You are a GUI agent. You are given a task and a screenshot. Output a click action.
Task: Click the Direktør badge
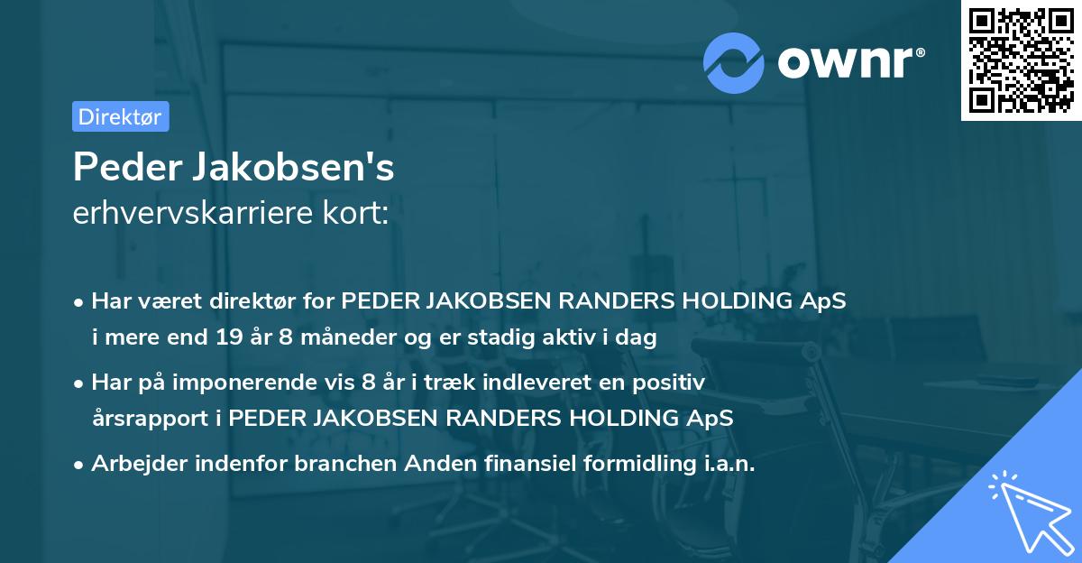pos(120,116)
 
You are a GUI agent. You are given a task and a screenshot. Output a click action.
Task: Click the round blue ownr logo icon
pos(735,62)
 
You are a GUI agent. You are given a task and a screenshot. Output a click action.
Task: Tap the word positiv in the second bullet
pos(674,383)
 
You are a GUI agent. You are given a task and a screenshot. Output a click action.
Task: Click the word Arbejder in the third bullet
pos(134,463)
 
